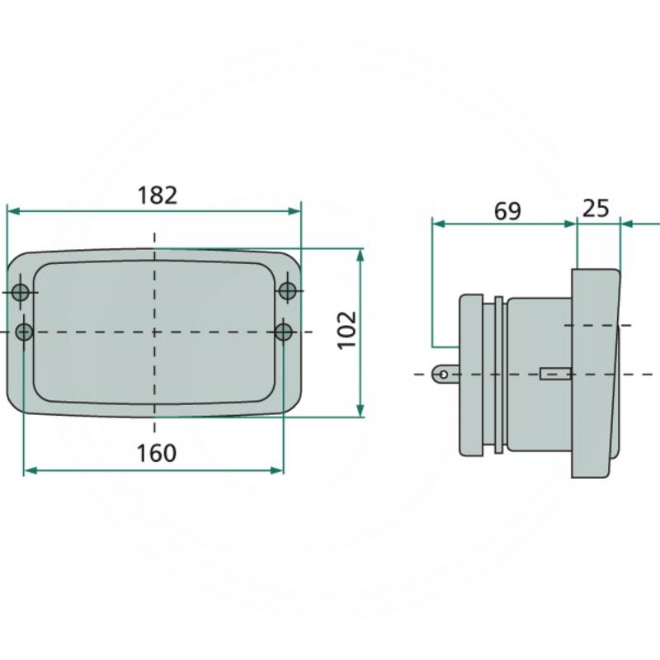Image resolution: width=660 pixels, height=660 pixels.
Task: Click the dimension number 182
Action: (158, 196)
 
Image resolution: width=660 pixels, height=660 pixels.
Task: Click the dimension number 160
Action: (157, 453)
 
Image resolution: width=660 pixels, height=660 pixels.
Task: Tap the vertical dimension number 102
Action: (347, 331)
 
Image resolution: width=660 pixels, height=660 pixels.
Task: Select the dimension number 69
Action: (507, 211)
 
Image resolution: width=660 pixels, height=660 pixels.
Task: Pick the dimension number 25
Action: (595, 209)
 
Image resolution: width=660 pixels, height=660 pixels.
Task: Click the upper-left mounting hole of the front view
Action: (20, 292)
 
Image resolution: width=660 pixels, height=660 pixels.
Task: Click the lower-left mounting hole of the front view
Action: (24, 332)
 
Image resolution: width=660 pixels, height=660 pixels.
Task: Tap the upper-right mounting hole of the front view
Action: (287, 290)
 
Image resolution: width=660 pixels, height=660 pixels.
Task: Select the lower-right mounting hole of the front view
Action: (283, 332)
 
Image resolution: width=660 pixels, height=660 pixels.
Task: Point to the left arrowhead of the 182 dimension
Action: (13, 211)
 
